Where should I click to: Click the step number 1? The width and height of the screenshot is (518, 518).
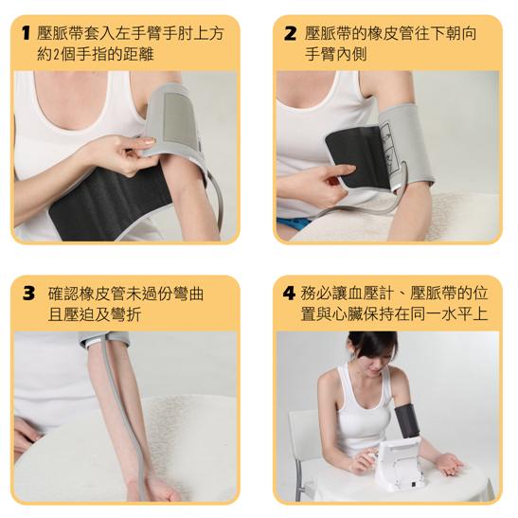[27, 33]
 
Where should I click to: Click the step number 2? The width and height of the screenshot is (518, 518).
[290, 33]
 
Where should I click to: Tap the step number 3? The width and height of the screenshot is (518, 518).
[28, 294]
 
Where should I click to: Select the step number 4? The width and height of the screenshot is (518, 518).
[289, 294]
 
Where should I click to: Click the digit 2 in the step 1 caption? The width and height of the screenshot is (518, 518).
[56, 54]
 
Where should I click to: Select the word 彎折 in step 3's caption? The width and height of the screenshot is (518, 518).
[127, 314]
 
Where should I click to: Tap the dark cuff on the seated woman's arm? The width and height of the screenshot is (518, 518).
[407, 420]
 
